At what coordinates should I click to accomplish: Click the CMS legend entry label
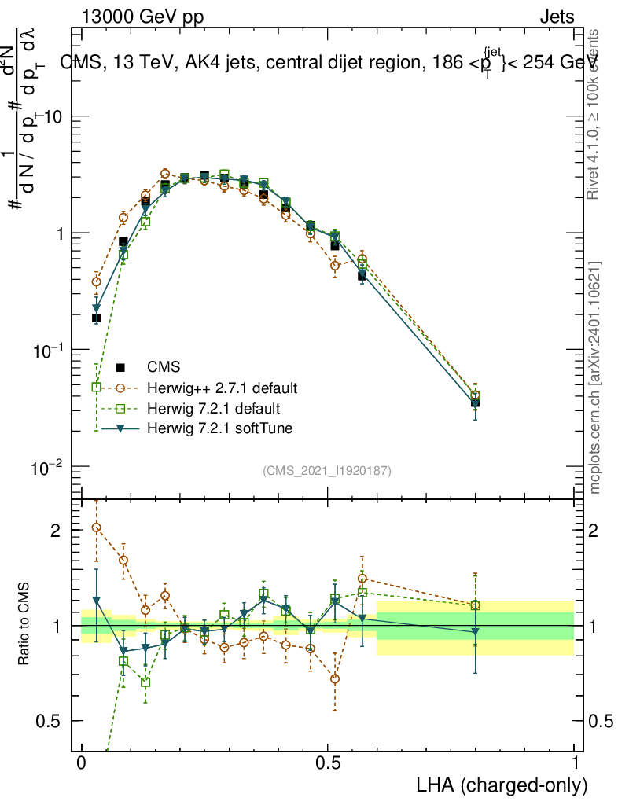point(164,367)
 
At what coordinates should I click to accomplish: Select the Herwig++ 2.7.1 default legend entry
point(223,388)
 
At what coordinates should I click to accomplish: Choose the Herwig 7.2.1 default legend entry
point(214,409)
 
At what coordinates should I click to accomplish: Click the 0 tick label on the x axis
point(82,763)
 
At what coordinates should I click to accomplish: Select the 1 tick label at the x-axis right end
point(575,763)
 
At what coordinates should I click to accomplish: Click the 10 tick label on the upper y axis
point(54,116)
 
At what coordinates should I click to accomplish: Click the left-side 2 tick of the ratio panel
point(56,531)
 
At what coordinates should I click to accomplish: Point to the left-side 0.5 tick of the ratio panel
point(50,722)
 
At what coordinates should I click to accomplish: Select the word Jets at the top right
point(556,17)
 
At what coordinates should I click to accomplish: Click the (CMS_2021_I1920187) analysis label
point(327,471)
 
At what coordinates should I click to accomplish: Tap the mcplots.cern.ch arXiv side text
point(595,377)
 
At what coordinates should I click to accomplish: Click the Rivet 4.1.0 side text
point(595,114)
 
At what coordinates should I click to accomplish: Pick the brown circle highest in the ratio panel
point(97,527)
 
